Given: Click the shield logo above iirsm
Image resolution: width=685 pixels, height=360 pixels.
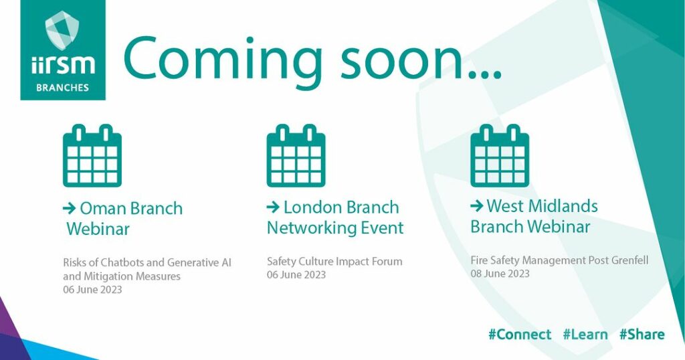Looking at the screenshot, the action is pos(62,29).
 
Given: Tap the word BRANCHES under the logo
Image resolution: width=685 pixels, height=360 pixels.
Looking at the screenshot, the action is pos(62,88).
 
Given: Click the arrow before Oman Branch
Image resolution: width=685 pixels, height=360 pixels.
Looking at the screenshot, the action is pos(70,208).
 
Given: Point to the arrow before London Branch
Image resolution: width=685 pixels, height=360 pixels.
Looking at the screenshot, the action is pos(273,207).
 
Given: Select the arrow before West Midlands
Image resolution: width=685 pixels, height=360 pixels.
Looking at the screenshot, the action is pos(476,205).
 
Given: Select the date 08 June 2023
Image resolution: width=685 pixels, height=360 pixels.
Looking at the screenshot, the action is pos(500,274).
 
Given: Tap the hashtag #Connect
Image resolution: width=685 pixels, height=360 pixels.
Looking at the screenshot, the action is pos(520,335).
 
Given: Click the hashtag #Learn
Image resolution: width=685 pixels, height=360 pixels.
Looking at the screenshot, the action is pos(585,335).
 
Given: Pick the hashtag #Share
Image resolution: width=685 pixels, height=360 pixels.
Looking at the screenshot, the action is pos(642,335).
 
